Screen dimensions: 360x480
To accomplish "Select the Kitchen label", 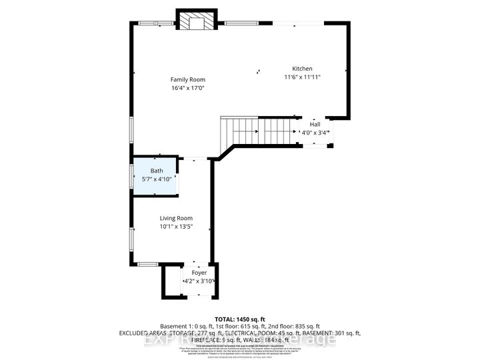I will (x=302, y=69).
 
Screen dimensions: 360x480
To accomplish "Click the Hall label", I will (x=315, y=124).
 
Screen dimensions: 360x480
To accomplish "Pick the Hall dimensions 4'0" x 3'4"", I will (x=313, y=132).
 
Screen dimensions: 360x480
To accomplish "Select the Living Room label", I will (x=176, y=218).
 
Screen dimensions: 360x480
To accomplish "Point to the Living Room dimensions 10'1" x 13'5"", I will (x=176, y=227).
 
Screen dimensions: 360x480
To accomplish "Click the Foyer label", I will (x=199, y=273).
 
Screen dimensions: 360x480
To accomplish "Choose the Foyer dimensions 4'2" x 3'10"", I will (x=199, y=282).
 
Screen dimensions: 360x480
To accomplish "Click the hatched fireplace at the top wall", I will (x=197, y=21).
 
